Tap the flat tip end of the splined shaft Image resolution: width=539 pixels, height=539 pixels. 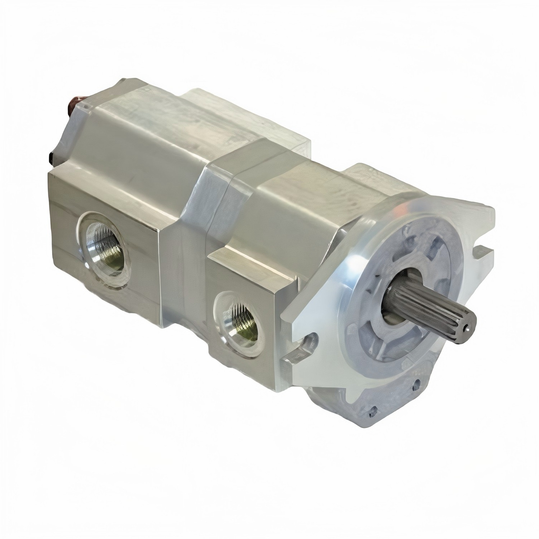click(x=465, y=328)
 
